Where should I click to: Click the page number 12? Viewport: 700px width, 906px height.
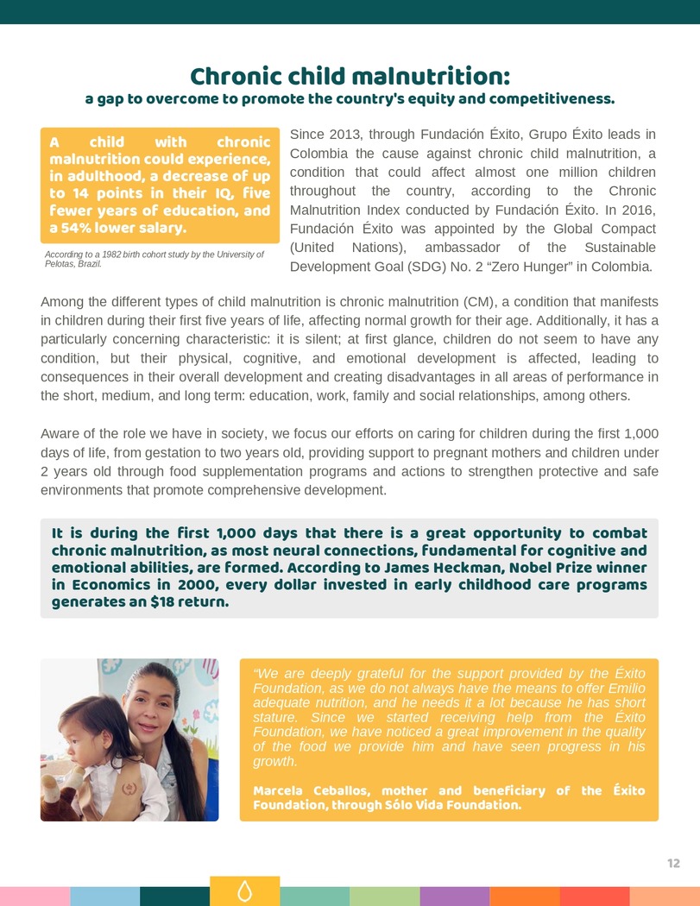673,864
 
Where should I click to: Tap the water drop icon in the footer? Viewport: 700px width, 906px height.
244,892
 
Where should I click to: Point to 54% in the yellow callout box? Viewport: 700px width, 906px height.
73,229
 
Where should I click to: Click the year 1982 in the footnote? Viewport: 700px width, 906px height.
117,255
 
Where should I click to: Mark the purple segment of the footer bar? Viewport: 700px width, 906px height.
454,896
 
